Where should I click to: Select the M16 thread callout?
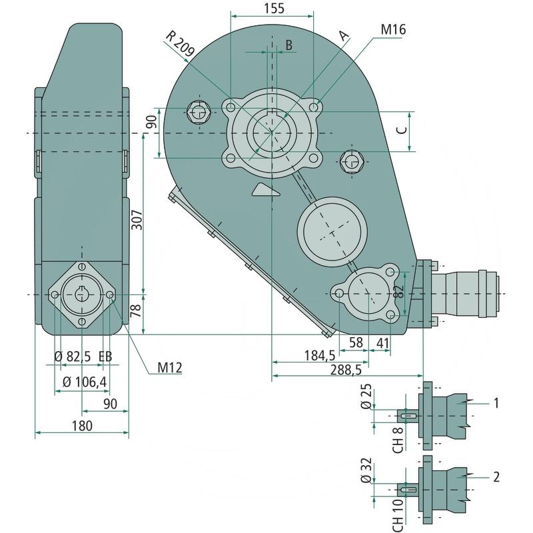394,30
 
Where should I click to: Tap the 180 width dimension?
82,425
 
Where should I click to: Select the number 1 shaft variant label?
496,402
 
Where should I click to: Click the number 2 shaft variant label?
496,476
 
